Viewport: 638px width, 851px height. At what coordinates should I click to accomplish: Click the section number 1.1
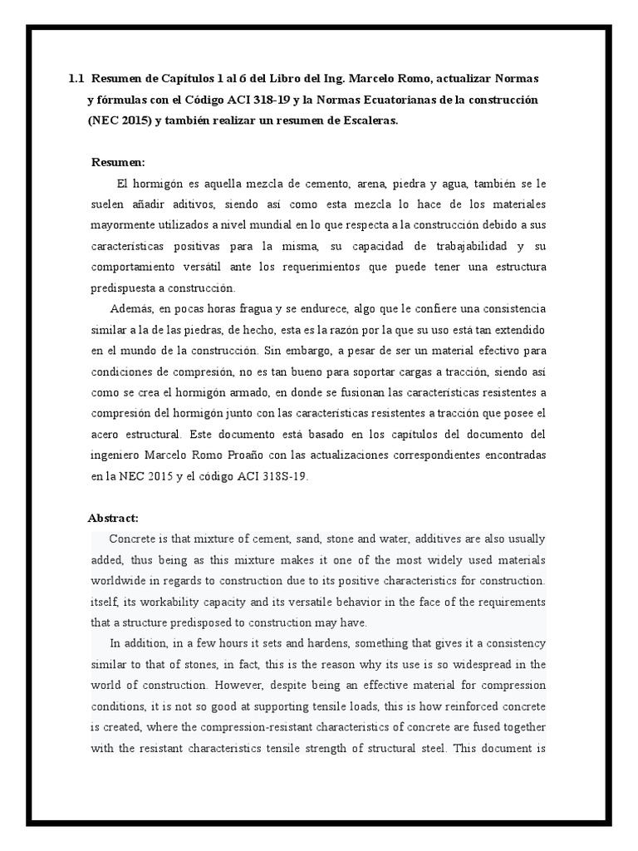tap(76, 79)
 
